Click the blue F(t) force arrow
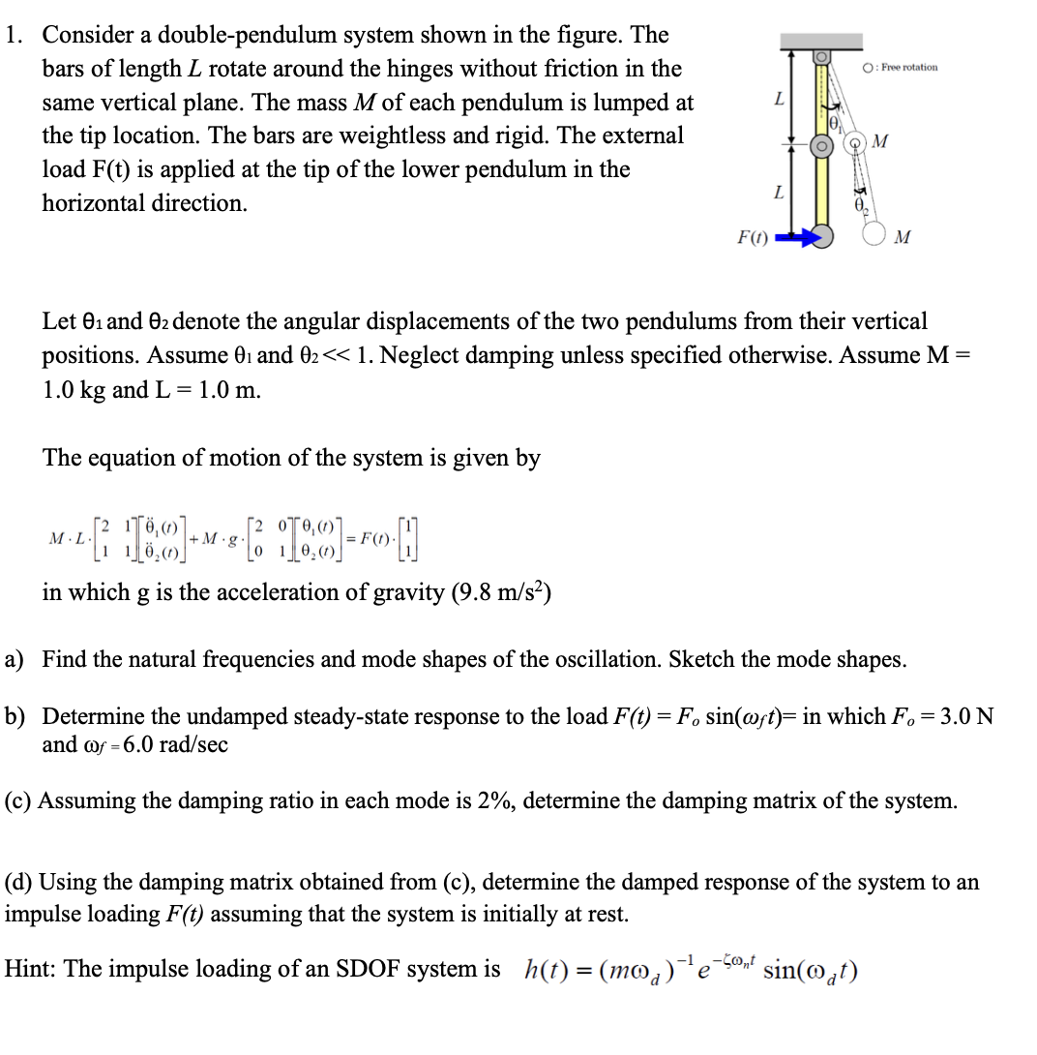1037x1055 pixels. pos(790,235)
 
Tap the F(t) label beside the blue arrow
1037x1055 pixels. pos(751,236)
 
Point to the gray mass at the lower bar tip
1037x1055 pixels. pos(821,235)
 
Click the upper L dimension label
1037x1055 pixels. pos(778,101)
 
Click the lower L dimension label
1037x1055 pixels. pos(778,193)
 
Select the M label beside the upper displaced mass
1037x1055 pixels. pos(879,144)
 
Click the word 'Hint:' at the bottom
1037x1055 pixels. pos(29,969)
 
